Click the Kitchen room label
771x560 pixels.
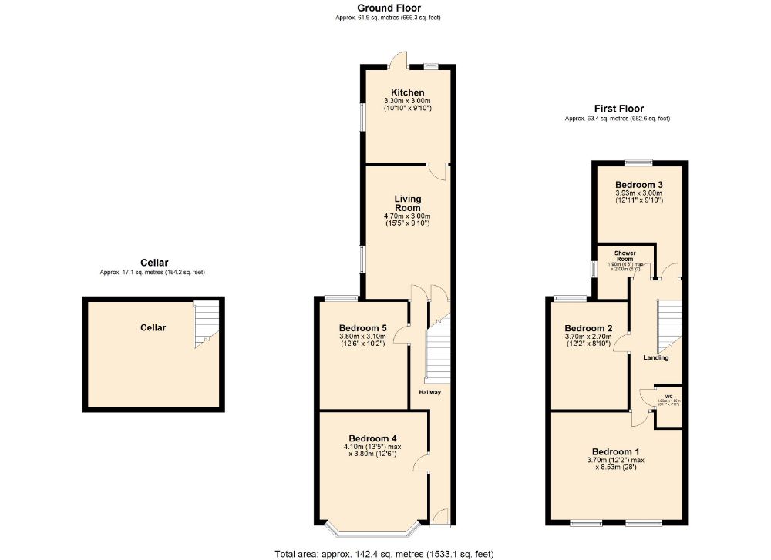pos(407,92)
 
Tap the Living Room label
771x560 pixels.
pos(407,203)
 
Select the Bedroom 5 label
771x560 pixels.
pos(362,327)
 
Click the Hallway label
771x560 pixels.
pos(429,392)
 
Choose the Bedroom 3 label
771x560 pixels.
pos(638,185)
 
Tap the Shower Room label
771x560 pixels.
pos(625,257)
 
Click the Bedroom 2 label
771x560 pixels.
pos(588,327)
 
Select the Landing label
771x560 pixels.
pos(656,357)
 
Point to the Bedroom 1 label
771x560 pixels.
pos(616,451)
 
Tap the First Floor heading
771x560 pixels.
pos(618,109)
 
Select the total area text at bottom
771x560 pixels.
pos(384,553)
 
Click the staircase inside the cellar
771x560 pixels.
pos(206,325)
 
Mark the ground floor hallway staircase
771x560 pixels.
pos(438,351)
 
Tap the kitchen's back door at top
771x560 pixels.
pos(399,60)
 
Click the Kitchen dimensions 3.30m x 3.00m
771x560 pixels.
pos(407,101)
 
